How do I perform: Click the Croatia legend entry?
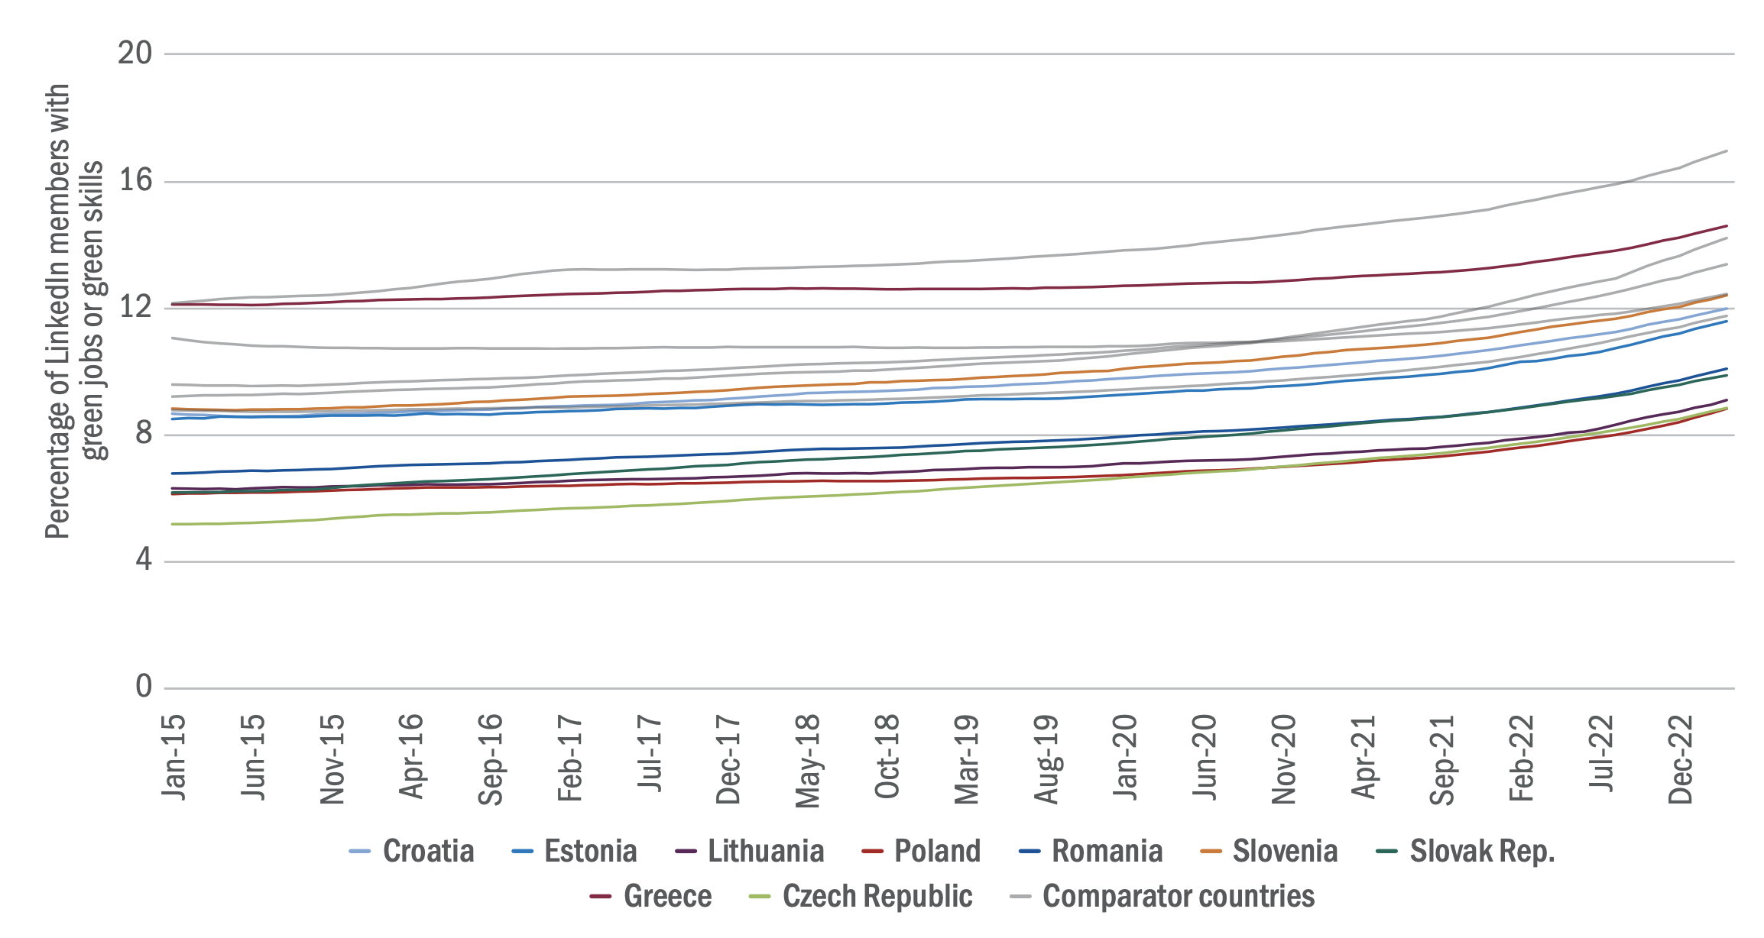point(411,851)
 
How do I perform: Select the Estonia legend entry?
point(574,851)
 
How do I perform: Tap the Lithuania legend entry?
point(750,851)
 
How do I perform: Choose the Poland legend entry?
point(921,851)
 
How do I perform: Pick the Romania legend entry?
point(1091,851)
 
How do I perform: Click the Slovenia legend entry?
point(1269,851)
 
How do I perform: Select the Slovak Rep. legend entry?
point(1465,851)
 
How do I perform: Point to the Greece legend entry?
point(651,896)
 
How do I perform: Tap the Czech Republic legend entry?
point(861,896)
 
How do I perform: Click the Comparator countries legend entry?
point(1162,896)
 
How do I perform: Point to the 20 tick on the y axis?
point(135,53)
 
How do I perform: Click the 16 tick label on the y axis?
point(135,181)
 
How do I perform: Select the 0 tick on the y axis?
point(144,687)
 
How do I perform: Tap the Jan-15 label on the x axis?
point(174,757)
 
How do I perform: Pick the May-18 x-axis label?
point(808,760)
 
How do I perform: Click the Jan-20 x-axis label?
point(1125,757)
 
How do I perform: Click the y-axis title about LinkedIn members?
point(74,311)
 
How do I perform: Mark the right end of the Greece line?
point(1727,225)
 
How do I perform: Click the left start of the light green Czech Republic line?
point(173,524)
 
